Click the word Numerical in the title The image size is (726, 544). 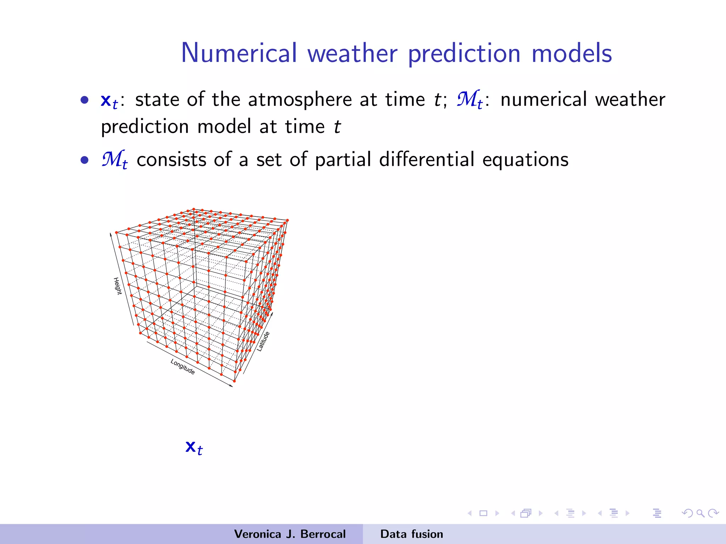coord(239,53)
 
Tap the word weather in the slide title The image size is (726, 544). coord(352,53)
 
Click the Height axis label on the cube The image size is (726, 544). coord(117,286)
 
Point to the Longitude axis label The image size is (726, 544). coord(183,367)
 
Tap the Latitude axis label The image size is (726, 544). coord(263,341)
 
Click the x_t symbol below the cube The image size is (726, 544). coord(194,448)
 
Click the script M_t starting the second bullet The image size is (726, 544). coord(114,160)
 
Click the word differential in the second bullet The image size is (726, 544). coord(426,159)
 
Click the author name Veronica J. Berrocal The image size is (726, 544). coord(290,534)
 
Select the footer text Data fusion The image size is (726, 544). coord(412,534)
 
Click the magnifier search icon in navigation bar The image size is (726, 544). coord(700,513)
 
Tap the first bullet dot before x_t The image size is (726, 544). coord(84,100)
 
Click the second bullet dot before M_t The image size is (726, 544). coord(84,160)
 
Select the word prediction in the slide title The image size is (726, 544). coord(464,53)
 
